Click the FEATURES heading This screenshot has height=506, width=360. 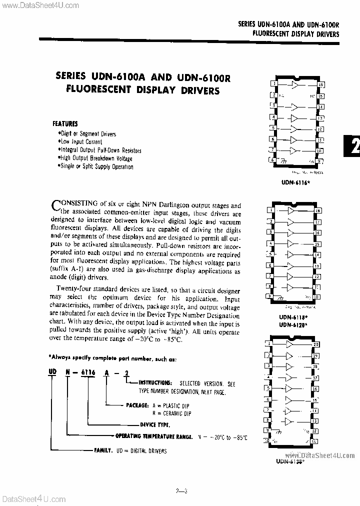point(65,123)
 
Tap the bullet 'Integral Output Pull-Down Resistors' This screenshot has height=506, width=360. point(100,150)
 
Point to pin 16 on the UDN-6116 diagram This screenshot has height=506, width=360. point(320,85)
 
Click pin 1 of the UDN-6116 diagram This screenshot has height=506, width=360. point(273,84)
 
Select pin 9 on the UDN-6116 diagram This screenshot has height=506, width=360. point(320,161)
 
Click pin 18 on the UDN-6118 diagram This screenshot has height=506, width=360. point(317,212)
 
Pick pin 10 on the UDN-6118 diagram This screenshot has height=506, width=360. point(317,296)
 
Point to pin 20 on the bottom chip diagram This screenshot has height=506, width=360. point(315,344)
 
